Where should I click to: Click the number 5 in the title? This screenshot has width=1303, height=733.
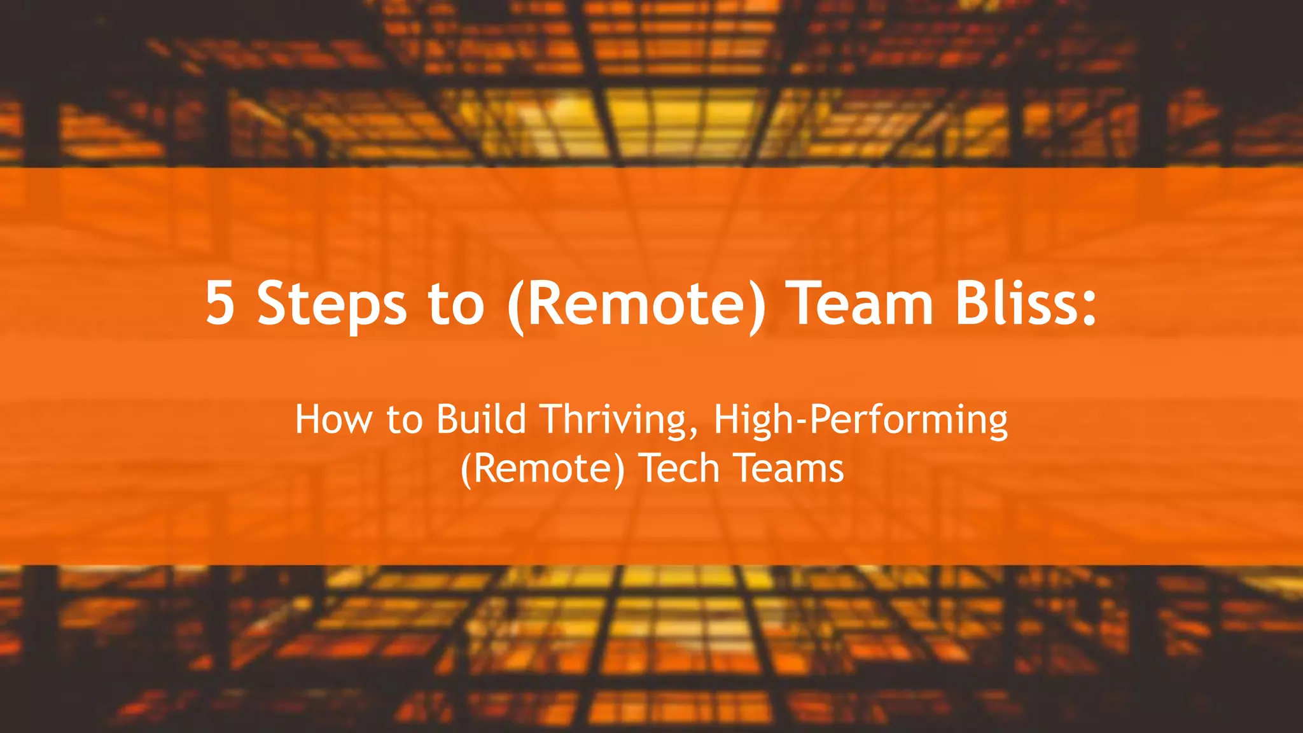pyautogui.click(x=220, y=304)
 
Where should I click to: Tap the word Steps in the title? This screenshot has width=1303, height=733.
pyautogui.click(x=331, y=304)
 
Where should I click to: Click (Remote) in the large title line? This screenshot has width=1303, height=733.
pyautogui.click(x=637, y=304)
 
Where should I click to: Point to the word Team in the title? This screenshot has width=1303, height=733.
pyautogui.click(x=860, y=304)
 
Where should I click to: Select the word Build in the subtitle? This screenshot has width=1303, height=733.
pyautogui.click(x=481, y=420)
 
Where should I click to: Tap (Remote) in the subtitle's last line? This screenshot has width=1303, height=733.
pyautogui.click(x=543, y=470)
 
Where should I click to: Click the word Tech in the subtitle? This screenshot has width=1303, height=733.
pyautogui.click(x=679, y=469)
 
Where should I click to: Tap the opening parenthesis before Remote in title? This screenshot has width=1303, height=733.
pyautogui.click(x=515, y=305)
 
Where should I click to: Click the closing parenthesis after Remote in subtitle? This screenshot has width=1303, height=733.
pyautogui.click(x=619, y=470)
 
